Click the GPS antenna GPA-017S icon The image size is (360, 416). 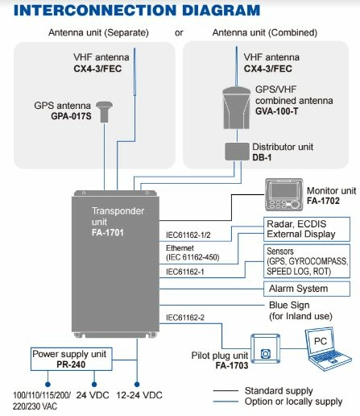(x=104, y=112)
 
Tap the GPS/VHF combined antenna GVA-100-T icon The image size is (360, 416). (x=237, y=108)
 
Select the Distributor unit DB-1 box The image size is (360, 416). (x=237, y=152)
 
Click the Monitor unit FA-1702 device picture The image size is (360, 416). (x=284, y=195)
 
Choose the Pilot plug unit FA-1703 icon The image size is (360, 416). (x=266, y=348)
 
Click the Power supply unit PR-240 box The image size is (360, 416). (x=71, y=359)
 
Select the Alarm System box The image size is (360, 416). (x=307, y=289)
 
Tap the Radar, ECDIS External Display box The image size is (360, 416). (x=307, y=229)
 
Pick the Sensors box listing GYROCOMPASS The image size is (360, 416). (x=307, y=261)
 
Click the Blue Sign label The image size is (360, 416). (x=289, y=306)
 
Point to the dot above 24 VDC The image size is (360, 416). (x=94, y=385)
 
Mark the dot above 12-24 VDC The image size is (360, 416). (x=137, y=385)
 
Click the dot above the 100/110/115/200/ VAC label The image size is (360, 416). (x=48, y=385)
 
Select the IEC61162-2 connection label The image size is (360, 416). (x=185, y=318)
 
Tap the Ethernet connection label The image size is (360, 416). (x=180, y=248)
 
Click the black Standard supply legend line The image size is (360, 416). (x=226, y=390)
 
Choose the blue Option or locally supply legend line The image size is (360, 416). (x=226, y=401)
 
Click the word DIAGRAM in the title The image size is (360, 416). (x=221, y=10)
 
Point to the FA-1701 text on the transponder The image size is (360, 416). (x=108, y=233)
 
